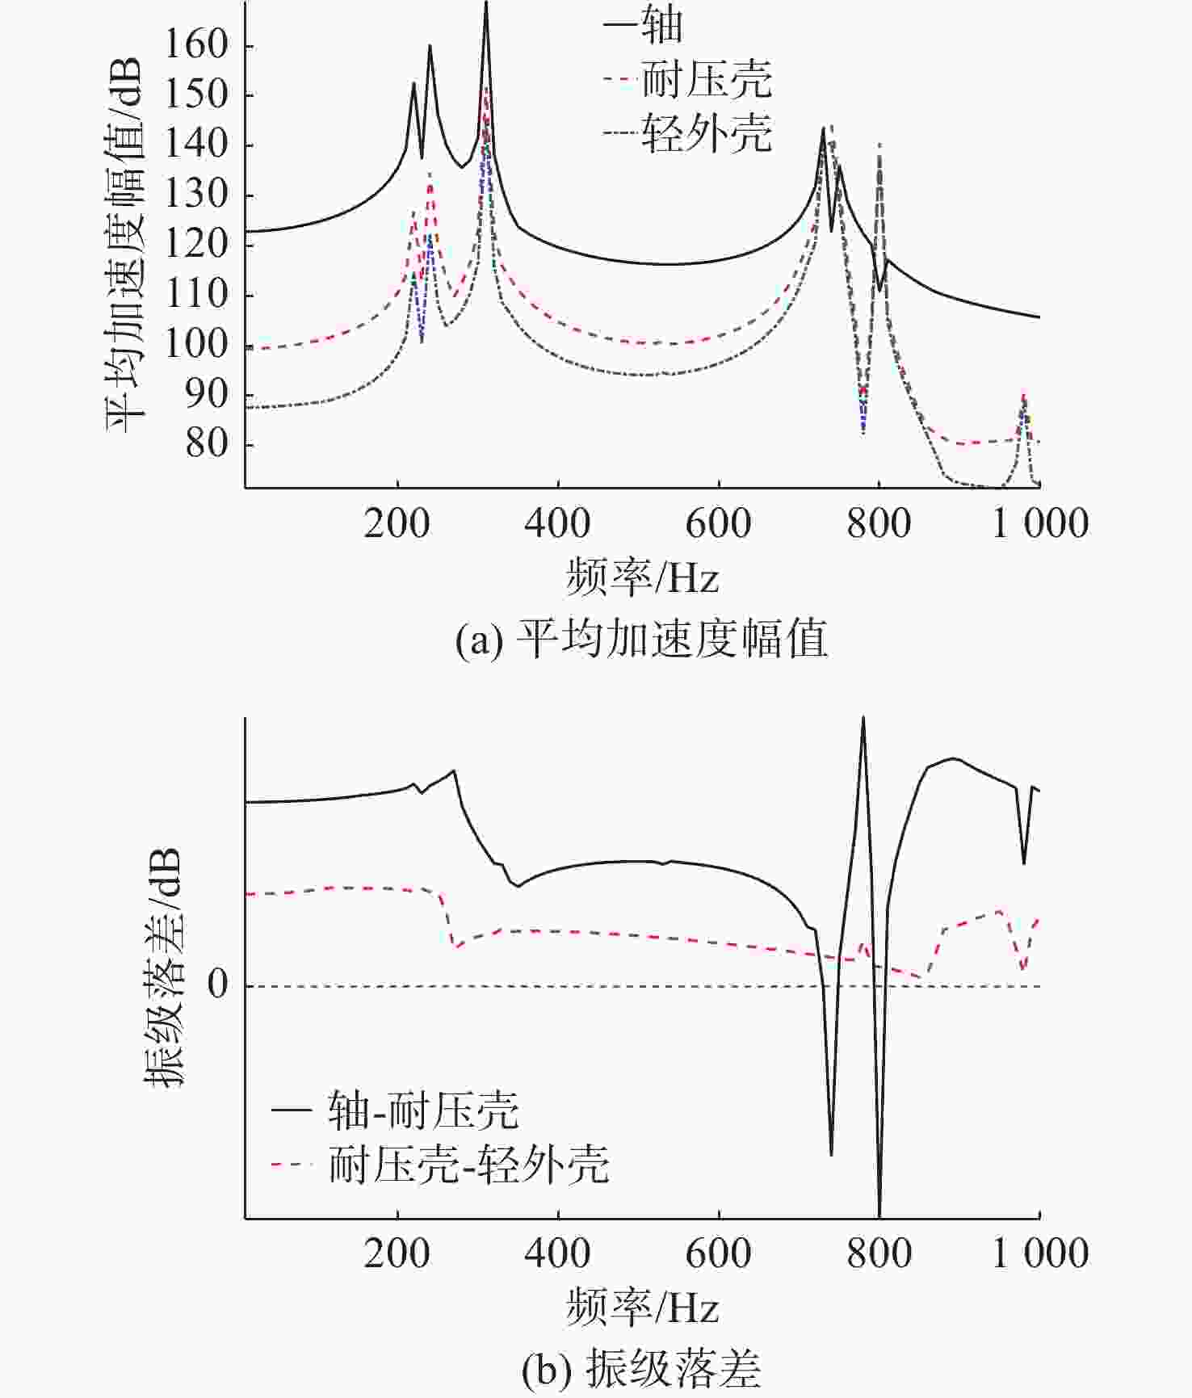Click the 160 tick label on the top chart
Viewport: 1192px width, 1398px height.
[x=197, y=45]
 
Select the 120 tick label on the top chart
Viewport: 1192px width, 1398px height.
[x=197, y=245]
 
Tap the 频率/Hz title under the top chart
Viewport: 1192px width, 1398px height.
[x=642, y=577]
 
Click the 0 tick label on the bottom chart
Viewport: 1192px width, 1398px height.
[x=218, y=984]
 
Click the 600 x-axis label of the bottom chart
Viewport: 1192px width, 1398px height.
[x=719, y=1253]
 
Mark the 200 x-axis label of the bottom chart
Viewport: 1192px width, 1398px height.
[x=397, y=1253]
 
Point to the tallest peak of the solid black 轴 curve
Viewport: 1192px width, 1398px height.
[x=485, y=5]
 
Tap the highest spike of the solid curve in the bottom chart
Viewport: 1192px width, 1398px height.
[x=863, y=718]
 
